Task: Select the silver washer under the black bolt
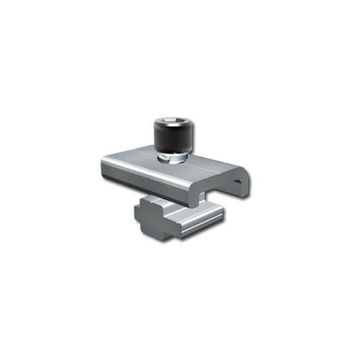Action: (x=170, y=154)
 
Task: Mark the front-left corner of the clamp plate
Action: (x=102, y=166)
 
